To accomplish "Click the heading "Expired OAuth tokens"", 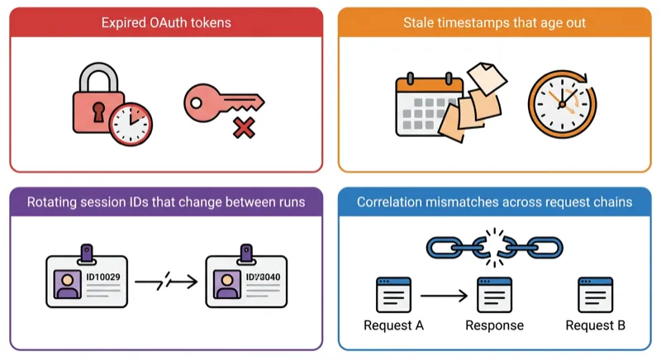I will point(165,22).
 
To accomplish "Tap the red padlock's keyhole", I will point(100,110).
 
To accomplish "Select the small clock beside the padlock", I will point(131,123).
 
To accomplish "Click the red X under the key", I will point(242,127).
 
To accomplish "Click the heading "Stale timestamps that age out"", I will point(495,22).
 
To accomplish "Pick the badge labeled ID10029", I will point(87,280).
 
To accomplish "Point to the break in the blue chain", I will point(495,245).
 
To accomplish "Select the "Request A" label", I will point(393,325).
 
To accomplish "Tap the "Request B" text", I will point(595,325).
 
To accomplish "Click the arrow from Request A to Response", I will point(445,295).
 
